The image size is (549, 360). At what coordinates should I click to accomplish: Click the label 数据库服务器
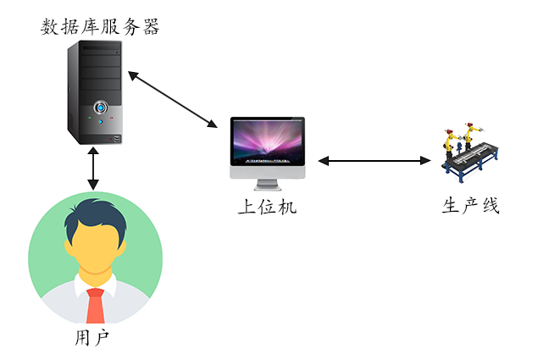coord(101,27)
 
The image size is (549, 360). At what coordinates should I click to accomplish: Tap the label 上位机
coord(267,207)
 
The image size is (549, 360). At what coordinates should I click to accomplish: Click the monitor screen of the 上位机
coord(267,141)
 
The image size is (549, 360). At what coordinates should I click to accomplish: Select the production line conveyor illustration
coord(469,153)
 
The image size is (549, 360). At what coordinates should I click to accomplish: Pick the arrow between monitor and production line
coord(374,160)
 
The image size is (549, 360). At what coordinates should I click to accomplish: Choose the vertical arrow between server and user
coord(92,169)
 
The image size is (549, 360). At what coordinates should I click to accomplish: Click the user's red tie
coord(95,305)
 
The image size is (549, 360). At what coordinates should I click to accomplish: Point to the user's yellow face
coord(95,250)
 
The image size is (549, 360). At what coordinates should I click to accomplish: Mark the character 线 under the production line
coord(491,207)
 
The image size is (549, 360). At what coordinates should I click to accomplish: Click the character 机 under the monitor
coord(288,207)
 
